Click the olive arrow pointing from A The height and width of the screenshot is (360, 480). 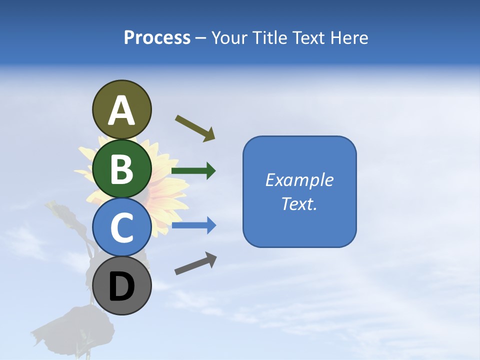click(x=195, y=128)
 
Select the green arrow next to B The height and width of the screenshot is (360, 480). click(x=193, y=171)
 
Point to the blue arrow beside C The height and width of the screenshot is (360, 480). click(x=193, y=226)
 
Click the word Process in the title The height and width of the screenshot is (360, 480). click(x=157, y=38)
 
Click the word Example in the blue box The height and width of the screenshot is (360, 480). click(x=299, y=180)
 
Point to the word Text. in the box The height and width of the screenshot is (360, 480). click(x=299, y=204)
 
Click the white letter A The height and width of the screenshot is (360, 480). click(x=121, y=111)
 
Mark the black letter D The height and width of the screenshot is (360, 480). click(x=121, y=287)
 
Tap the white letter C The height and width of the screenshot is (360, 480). click(x=121, y=228)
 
